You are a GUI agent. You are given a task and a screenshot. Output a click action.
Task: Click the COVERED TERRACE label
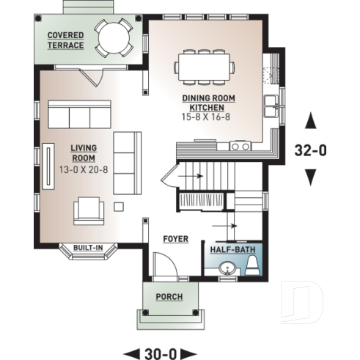pos(65,40)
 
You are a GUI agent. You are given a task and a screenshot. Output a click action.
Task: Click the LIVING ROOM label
pos(83,153)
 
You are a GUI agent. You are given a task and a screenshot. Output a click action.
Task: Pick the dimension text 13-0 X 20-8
pos(83,168)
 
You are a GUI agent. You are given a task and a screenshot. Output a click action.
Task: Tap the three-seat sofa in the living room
pos(78,114)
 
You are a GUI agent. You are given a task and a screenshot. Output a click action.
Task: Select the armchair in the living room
pos(89,210)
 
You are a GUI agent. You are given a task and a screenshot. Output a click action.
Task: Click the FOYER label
pos(175,239)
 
